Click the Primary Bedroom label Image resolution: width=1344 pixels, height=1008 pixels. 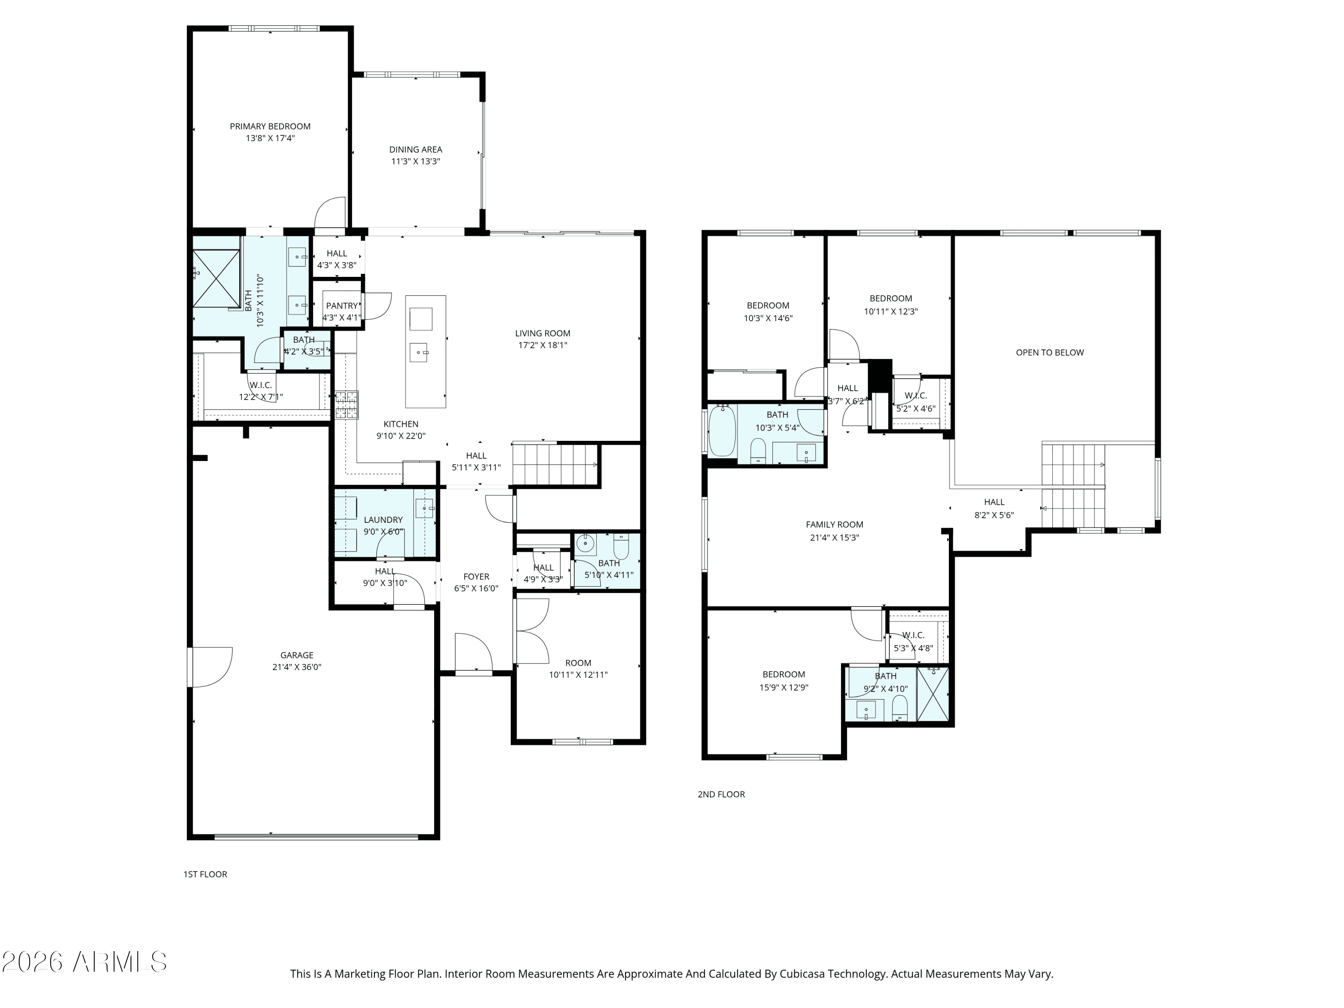pyautogui.click(x=270, y=126)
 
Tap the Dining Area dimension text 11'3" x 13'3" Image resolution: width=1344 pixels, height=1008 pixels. pyautogui.click(x=416, y=162)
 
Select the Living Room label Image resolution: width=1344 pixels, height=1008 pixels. pyautogui.click(x=543, y=333)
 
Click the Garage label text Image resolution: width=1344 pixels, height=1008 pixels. pyautogui.click(x=297, y=655)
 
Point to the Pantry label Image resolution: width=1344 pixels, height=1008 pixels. pyautogui.click(x=342, y=306)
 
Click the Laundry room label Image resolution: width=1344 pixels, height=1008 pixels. pyautogui.click(x=383, y=520)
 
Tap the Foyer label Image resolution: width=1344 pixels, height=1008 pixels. pyautogui.click(x=476, y=577)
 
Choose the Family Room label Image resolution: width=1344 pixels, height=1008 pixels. pyautogui.click(x=834, y=524)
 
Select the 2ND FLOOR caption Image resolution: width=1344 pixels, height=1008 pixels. pyautogui.click(x=721, y=794)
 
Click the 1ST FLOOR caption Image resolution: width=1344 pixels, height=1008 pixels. pyautogui.click(x=205, y=874)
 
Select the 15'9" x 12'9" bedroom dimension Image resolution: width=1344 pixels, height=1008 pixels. pyautogui.click(x=784, y=688)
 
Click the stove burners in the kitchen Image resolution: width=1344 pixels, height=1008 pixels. pyautogui.click(x=346, y=405)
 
